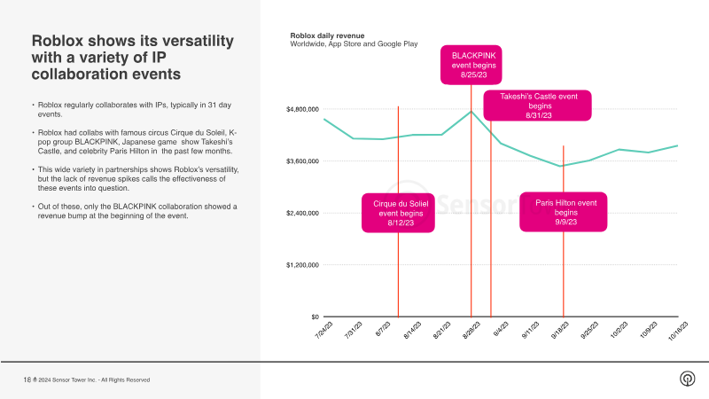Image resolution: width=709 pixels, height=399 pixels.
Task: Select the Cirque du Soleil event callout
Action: [x=398, y=213]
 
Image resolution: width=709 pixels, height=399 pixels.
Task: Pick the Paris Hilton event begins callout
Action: [x=565, y=212]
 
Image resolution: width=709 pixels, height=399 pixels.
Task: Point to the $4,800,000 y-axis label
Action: [x=302, y=109]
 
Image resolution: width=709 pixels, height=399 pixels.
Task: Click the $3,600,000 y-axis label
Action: [x=302, y=161]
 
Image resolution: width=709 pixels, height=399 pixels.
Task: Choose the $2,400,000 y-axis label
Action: [x=302, y=213]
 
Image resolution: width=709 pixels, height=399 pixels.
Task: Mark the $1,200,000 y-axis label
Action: [x=302, y=265]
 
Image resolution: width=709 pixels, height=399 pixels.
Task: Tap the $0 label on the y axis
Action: [x=313, y=317]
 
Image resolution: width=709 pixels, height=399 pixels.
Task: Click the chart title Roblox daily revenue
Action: [x=327, y=35]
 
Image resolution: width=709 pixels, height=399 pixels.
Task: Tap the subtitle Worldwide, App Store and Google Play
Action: [x=354, y=44]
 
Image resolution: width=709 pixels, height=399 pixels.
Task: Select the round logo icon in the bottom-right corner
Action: [x=686, y=379]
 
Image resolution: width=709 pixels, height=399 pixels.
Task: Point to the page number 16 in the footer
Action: [x=27, y=379]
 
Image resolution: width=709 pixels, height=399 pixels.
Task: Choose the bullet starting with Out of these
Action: [x=131, y=210]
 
